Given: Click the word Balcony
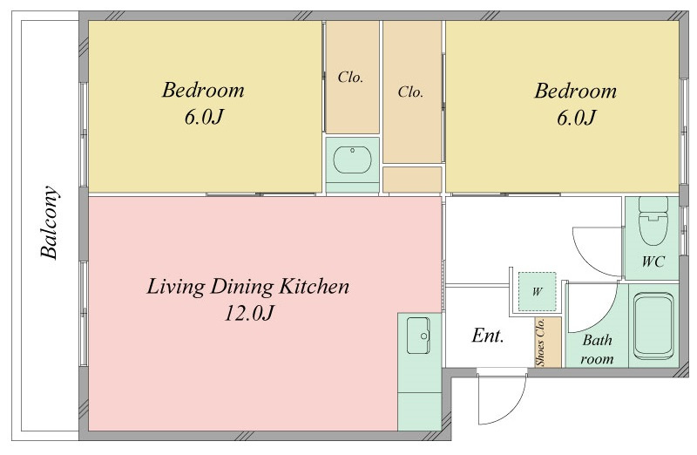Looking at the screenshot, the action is [49, 222].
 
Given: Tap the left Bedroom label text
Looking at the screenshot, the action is [203, 91].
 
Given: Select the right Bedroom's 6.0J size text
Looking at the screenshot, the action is [576, 118].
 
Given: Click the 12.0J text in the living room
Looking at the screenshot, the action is [248, 313].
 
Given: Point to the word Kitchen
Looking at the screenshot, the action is [314, 287].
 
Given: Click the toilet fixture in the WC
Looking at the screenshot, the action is [653, 221].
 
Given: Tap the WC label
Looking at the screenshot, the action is [653, 261].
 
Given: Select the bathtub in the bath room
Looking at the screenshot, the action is [653, 326].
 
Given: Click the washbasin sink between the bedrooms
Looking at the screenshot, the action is [353, 160].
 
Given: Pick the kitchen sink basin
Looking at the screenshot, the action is [418, 336].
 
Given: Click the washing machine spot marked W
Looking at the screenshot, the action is [538, 292].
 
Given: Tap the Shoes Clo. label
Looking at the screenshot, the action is [540, 342].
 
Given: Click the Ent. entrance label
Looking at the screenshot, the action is [488, 336].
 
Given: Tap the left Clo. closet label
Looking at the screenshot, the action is [350, 78].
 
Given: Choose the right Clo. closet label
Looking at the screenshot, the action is [410, 92].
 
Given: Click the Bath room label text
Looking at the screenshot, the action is [597, 350].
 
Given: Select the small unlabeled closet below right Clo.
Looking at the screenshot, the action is [412, 180].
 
